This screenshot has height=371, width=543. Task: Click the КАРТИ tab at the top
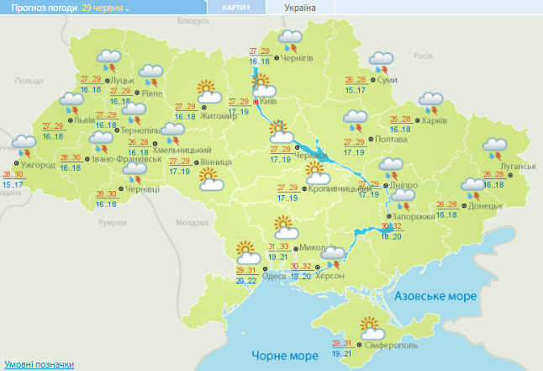tap(236, 8)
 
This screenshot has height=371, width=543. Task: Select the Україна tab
tap(300, 8)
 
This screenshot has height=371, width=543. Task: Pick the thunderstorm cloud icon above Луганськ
tap(493, 148)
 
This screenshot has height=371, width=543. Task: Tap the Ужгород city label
tap(39, 165)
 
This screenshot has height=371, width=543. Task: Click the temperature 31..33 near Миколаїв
tap(277, 246)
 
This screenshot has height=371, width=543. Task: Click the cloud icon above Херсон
tap(334, 254)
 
